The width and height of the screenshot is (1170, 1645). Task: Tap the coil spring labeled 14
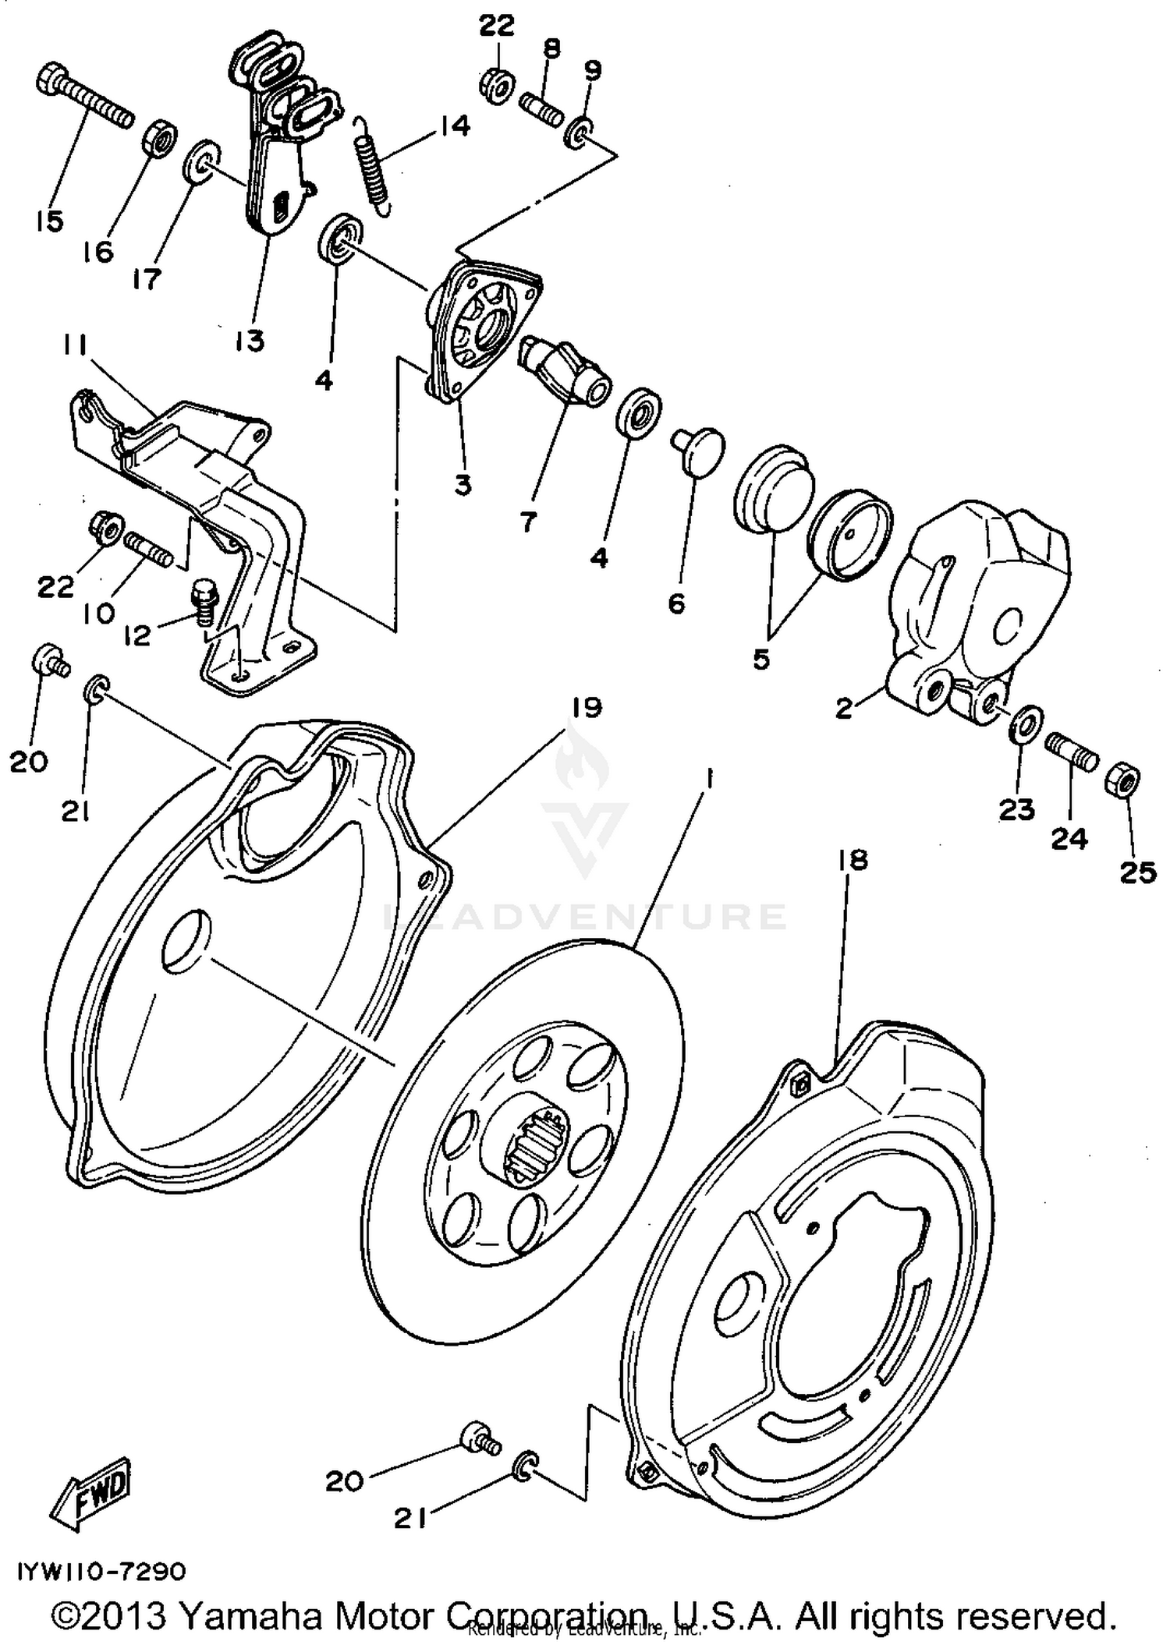tap(374, 164)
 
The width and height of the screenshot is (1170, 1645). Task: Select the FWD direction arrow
tap(90, 1493)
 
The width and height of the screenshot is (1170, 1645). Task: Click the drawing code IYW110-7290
tap(99, 1571)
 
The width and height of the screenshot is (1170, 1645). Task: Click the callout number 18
tap(853, 860)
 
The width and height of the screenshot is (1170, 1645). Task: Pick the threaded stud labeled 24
tap(1072, 752)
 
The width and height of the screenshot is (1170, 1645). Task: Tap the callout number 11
tap(75, 344)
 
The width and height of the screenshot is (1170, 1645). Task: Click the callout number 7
tap(528, 522)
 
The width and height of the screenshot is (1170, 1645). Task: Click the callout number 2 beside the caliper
tap(843, 709)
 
